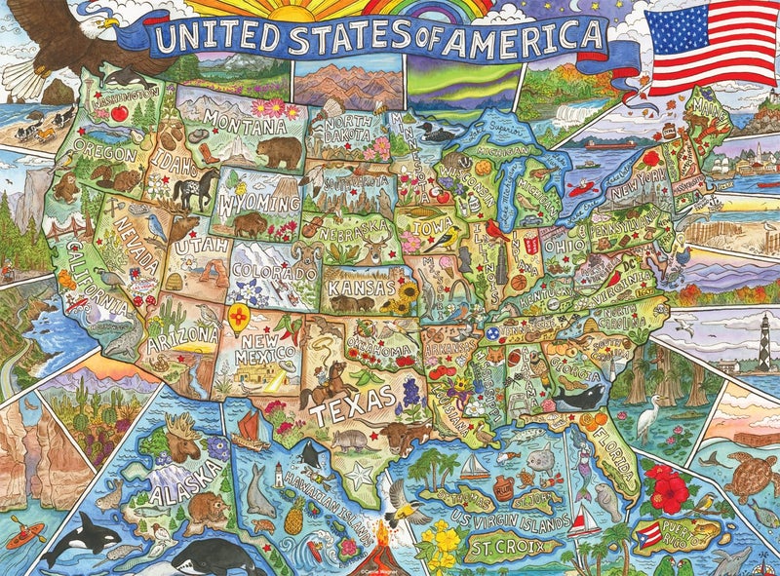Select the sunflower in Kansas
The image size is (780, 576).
point(409,291)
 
